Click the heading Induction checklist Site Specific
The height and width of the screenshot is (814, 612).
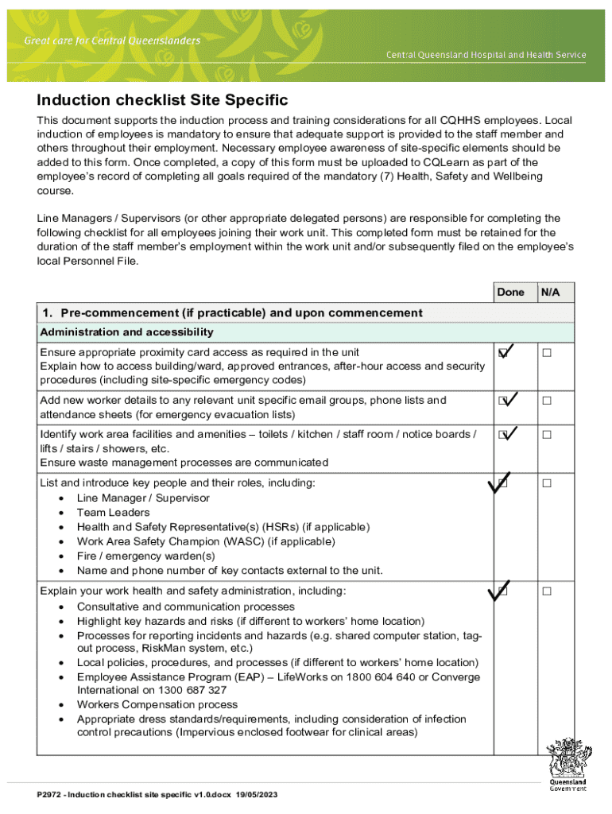click(x=162, y=101)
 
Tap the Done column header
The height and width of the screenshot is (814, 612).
click(x=510, y=293)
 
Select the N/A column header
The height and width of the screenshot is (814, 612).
click(x=551, y=293)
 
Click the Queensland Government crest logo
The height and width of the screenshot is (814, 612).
click(x=567, y=764)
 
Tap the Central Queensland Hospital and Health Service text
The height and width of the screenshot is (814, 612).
click(x=486, y=55)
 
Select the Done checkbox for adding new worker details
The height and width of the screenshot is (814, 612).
click(x=503, y=401)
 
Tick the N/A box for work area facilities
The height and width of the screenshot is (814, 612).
click(x=547, y=435)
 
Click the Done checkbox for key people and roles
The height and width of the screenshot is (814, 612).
click(x=503, y=483)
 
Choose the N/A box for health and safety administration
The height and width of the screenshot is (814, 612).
click(x=547, y=591)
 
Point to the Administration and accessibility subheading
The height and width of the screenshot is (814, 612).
click(x=126, y=331)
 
